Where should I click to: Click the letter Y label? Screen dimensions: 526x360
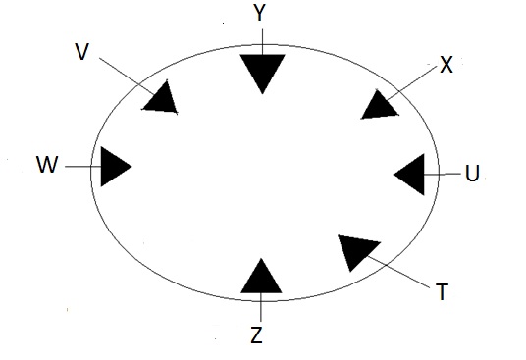259,13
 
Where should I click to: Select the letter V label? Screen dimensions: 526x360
82,51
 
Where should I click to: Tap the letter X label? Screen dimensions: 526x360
446,65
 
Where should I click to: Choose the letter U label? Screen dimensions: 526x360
472,174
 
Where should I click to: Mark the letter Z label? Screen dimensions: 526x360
256,336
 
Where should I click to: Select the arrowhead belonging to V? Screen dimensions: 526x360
161,98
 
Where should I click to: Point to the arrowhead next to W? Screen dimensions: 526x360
112,166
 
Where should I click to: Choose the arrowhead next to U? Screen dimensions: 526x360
412,174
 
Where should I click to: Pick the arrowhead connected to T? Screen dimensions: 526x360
357,250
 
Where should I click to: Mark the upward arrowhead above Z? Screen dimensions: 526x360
261,279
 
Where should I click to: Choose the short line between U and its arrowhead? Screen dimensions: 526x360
444,175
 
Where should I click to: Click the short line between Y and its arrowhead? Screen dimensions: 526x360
262,38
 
